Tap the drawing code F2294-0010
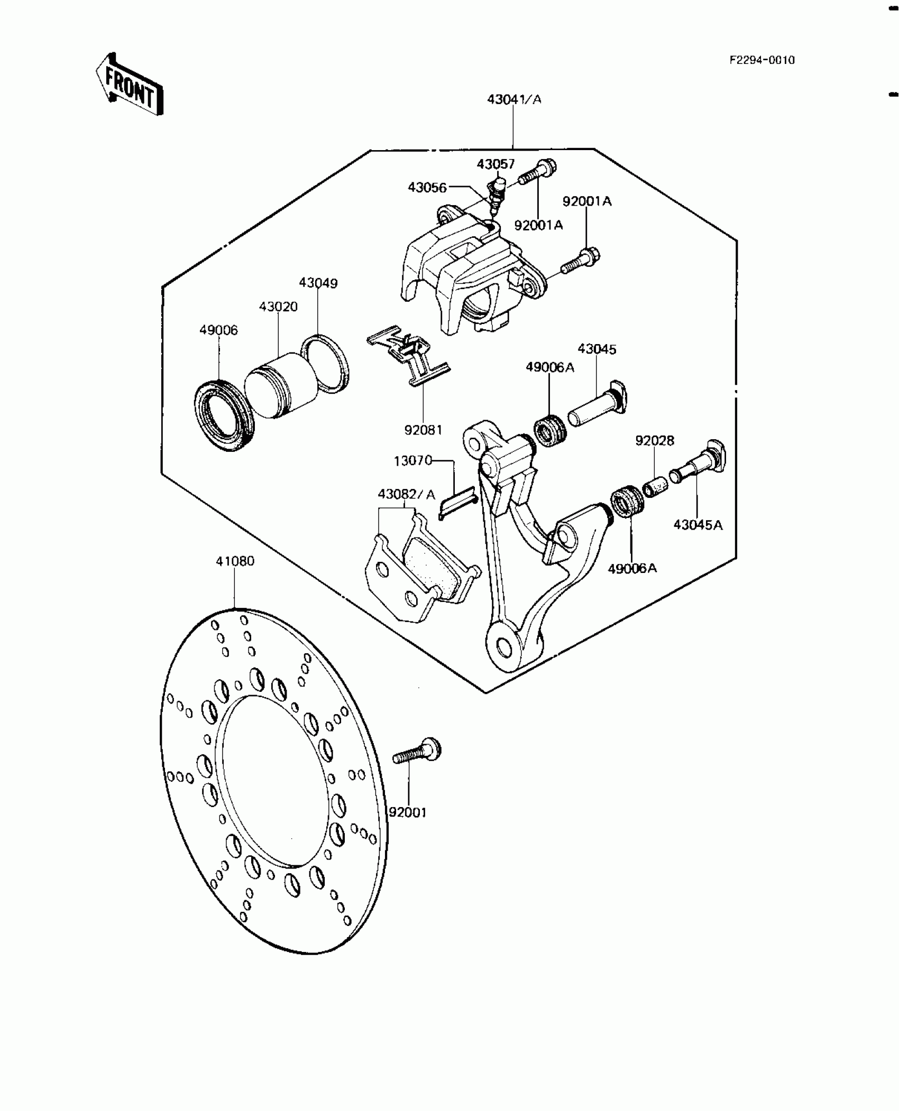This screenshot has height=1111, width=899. tap(762, 60)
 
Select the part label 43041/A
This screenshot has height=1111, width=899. tap(514, 99)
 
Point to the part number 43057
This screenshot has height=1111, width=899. tap(496, 164)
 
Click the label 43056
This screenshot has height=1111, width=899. tap(427, 188)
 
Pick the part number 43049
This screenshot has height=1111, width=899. tap(318, 283)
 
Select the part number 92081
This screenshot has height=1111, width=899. tap(423, 430)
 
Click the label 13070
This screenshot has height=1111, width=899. tap(413, 461)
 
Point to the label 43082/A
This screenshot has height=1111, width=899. tap(406, 495)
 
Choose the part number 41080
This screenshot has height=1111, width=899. tap(235, 561)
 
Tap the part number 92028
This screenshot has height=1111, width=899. tap(655, 441)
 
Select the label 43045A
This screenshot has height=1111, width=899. tap(698, 525)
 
